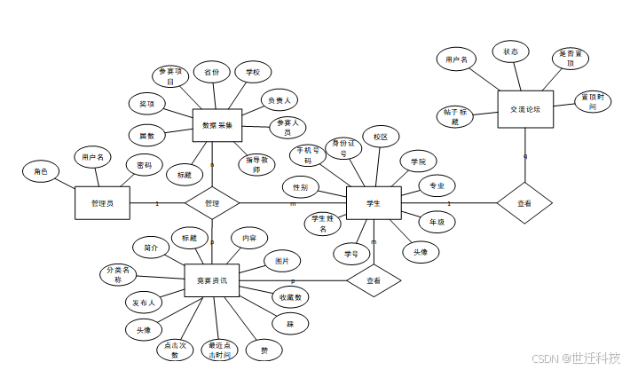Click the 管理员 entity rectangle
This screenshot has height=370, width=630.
[x=102, y=203]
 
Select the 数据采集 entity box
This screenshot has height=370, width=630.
[x=217, y=126]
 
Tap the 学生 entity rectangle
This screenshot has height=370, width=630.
[x=374, y=203]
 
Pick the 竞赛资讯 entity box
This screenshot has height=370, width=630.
[x=211, y=280]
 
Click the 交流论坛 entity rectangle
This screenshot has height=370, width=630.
[x=525, y=108]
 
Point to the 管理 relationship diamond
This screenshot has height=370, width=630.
[x=212, y=203]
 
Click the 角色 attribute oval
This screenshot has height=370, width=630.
[x=41, y=171]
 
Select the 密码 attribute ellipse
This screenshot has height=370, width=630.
[x=144, y=165]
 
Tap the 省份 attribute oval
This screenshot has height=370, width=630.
[x=211, y=72]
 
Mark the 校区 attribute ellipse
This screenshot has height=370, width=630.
[x=381, y=138]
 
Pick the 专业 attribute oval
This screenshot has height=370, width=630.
[x=437, y=185]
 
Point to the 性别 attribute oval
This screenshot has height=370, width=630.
[x=301, y=188]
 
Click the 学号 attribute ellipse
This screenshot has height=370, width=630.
[x=350, y=253]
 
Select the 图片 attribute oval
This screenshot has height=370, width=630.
[x=282, y=261]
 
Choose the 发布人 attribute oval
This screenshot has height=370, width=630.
[x=144, y=302]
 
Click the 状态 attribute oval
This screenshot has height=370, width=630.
[x=510, y=52]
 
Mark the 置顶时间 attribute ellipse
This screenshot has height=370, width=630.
[x=594, y=101]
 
